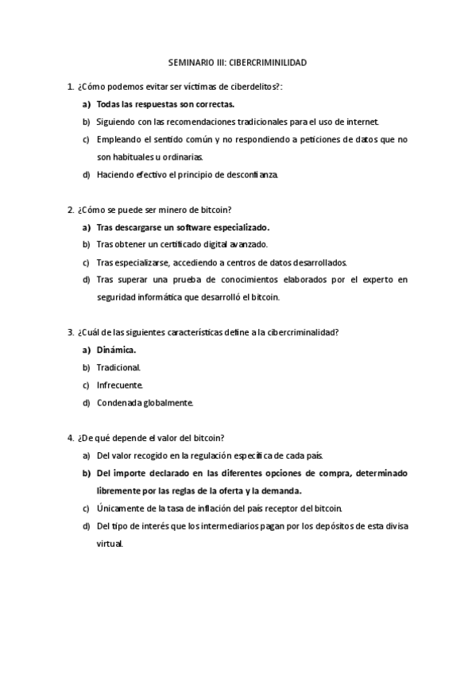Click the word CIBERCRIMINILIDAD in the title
point(267,61)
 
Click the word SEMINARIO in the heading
point(189,61)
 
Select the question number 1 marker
point(72,86)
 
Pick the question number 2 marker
point(72,210)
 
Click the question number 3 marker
point(72,332)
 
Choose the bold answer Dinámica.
point(116,350)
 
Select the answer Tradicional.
point(118,367)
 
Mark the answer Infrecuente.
point(119,385)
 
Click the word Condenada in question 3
point(119,403)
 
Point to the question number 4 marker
point(72,438)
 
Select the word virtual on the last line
point(110,544)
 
